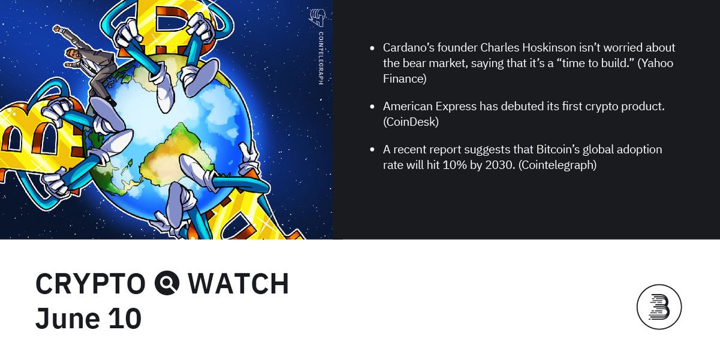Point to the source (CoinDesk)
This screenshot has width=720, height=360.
(x=411, y=122)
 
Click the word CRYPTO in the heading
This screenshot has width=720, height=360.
(x=90, y=284)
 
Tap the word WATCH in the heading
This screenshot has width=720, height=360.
(x=238, y=284)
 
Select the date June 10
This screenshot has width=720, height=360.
(x=88, y=318)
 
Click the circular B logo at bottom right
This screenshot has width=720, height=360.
(x=659, y=307)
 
